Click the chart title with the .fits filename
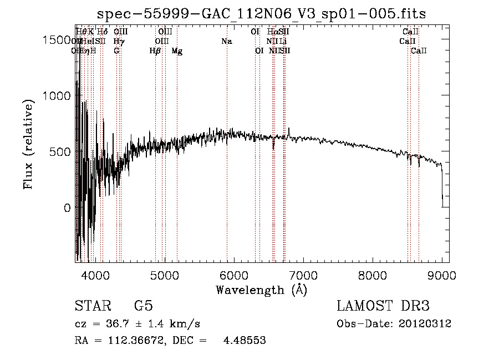tap(261, 14)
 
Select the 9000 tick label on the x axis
tap(442, 275)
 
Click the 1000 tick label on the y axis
tap(56, 96)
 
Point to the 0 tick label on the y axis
tap(67, 208)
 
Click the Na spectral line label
tap(226, 42)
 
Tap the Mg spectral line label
tap(177, 51)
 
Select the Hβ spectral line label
tap(155, 51)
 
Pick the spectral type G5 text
tap(143, 306)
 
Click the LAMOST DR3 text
tap(383, 306)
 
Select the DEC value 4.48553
tap(245, 341)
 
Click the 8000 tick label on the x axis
tap(373, 275)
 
